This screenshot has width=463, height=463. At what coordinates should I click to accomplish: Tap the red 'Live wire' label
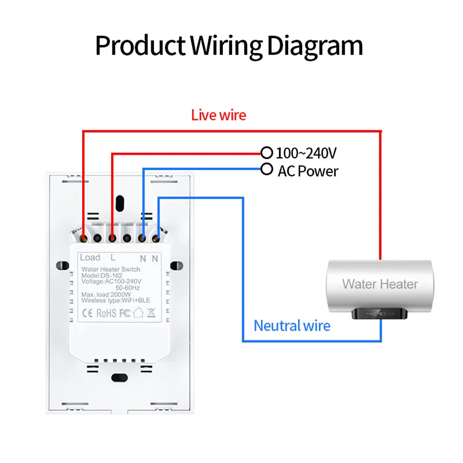click(x=218, y=115)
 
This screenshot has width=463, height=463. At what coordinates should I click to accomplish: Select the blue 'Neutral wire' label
click(x=292, y=326)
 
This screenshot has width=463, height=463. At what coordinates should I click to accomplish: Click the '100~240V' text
click(x=306, y=153)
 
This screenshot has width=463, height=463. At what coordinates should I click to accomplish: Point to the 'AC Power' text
click(x=308, y=171)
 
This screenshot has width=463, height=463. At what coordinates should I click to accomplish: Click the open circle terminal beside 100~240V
click(x=266, y=153)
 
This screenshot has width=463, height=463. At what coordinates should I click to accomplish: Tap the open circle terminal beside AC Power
click(x=266, y=169)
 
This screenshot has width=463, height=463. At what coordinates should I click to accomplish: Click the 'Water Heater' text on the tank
click(x=380, y=284)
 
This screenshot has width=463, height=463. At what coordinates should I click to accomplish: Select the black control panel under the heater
click(x=380, y=314)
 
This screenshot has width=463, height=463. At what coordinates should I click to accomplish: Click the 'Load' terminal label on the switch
click(x=90, y=258)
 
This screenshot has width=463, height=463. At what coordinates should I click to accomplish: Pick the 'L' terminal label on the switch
click(x=113, y=258)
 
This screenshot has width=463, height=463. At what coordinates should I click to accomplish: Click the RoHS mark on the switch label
click(x=106, y=314)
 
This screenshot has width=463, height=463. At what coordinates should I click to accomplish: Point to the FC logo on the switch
click(x=125, y=314)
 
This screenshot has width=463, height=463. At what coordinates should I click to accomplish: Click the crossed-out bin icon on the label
click(x=150, y=314)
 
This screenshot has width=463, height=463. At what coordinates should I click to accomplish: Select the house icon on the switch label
click(x=138, y=314)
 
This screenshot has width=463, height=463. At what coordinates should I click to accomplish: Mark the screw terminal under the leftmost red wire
click(x=84, y=237)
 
